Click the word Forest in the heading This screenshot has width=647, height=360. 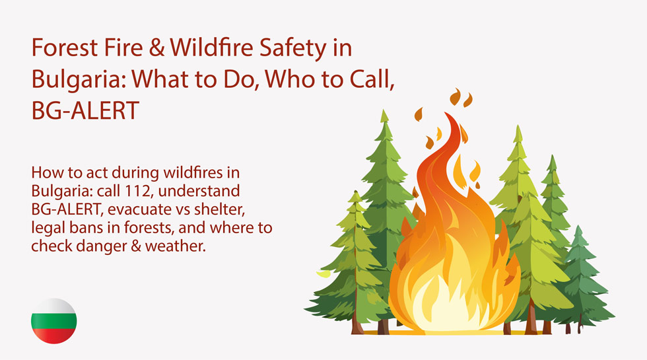(65, 47)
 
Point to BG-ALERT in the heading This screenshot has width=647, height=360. (85, 111)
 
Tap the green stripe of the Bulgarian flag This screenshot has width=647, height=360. (53, 322)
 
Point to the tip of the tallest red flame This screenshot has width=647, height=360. (446, 113)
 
